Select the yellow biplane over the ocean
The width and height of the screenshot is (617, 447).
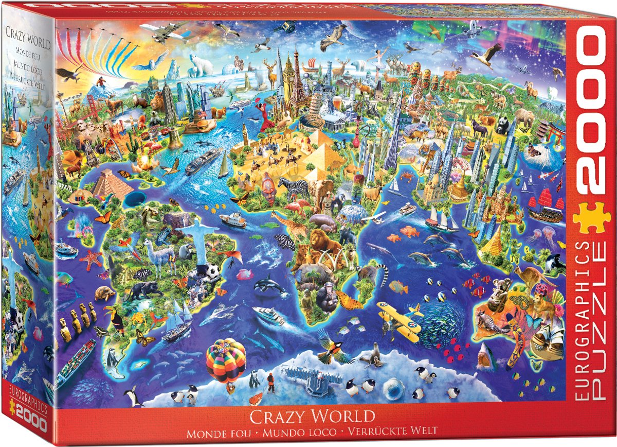398,317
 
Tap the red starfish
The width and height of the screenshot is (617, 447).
92,259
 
